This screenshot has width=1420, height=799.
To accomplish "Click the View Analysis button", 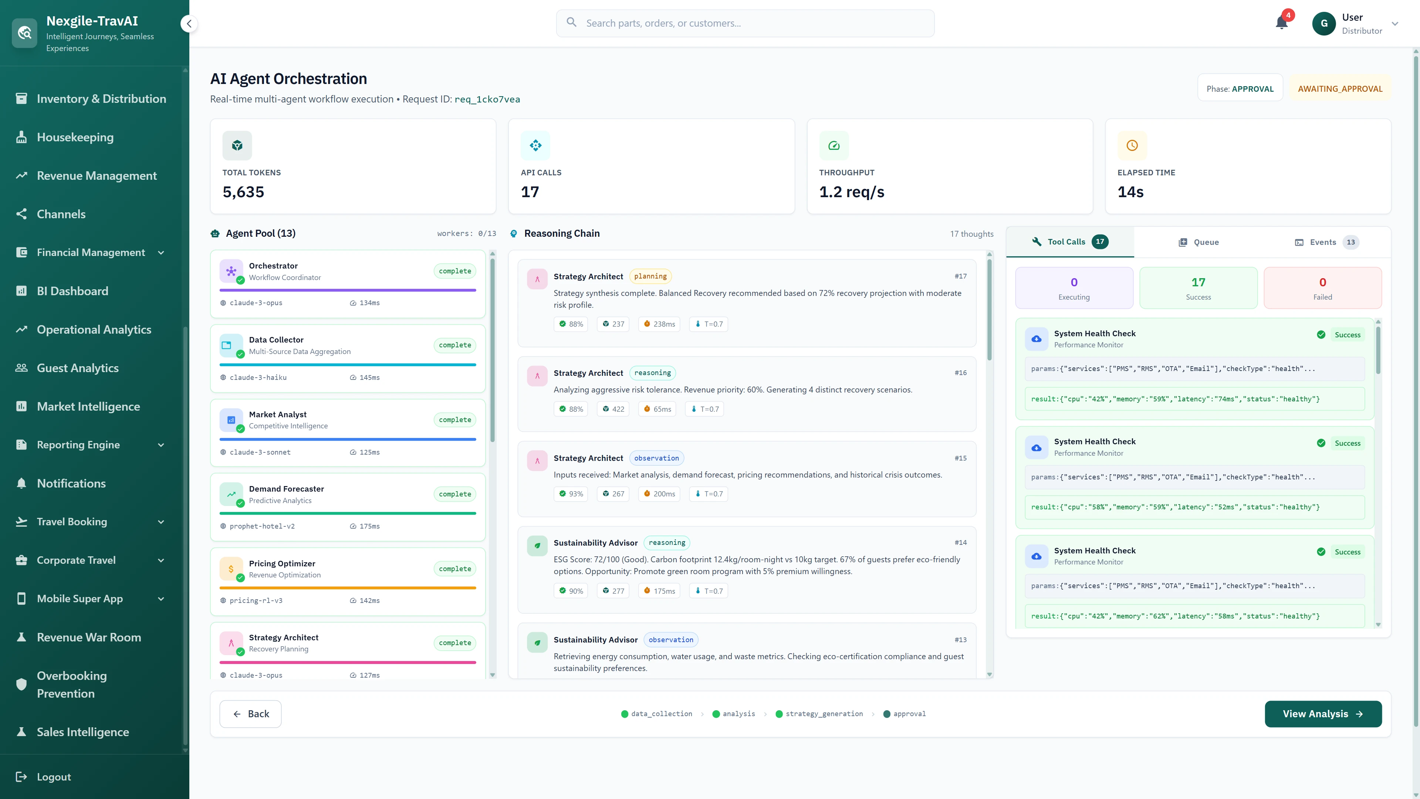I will click(1322, 714).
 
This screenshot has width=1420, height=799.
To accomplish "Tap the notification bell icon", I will click(1282, 23).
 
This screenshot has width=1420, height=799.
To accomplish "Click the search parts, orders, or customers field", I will click(745, 23).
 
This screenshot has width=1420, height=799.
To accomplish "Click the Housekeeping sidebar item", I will click(75, 137).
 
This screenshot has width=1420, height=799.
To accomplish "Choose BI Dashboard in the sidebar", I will click(72, 291).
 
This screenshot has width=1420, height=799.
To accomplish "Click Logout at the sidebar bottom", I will click(54, 776).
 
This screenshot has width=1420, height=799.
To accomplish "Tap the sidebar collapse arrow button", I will click(189, 24).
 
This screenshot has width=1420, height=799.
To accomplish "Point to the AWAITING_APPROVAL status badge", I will click(1339, 89).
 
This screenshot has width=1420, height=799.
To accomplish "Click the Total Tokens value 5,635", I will click(243, 192).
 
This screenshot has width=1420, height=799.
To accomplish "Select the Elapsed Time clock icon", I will click(1132, 146).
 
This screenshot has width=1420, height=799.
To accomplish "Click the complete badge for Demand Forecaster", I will click(455, 494).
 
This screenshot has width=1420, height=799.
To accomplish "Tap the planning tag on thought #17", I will click(650, 276).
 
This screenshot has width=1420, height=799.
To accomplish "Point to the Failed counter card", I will click(1322, 288).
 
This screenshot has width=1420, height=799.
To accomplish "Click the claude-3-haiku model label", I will click(258, 378).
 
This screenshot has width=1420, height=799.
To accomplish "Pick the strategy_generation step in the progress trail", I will click(824, 714).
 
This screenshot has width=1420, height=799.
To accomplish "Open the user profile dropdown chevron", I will click(1394, 24).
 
